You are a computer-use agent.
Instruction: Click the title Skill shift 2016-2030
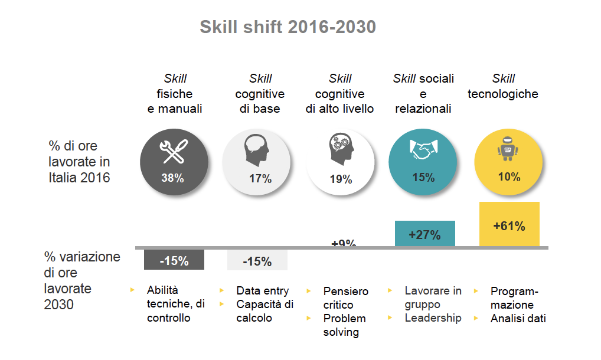288,27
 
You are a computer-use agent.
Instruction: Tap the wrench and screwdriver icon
174,151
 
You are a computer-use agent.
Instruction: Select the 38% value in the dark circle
172,178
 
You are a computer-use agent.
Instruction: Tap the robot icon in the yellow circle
508,150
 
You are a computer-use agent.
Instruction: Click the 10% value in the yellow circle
509,176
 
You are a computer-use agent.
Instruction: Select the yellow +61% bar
509,224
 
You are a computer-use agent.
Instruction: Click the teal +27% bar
424,234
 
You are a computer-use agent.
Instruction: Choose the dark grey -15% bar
174,260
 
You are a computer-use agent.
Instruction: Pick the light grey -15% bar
257,260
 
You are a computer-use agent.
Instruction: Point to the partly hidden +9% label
344,243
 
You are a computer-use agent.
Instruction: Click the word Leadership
433,318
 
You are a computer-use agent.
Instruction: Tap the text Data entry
263,290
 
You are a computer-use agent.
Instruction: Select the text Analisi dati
518,319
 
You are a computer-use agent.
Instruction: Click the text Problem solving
344,325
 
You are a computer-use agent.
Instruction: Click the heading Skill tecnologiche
503,86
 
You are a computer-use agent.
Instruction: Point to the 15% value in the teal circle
423,176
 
